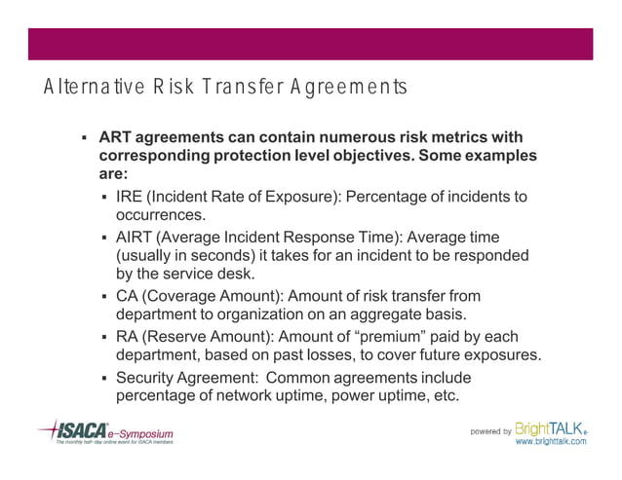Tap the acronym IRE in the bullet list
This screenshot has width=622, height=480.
click(130, 198)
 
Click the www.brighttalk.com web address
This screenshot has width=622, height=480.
click(551, 441)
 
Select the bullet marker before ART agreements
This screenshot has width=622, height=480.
click(85, 137)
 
